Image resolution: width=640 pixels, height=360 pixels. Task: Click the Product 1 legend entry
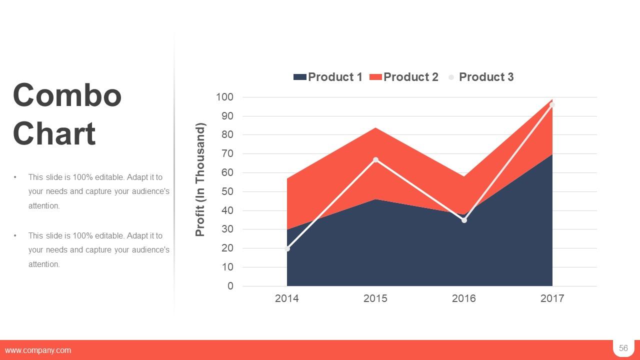[x=328, y=77]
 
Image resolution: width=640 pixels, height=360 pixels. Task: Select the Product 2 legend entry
[x=404, y=77]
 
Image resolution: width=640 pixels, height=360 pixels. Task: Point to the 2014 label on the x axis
[x=287, y=298]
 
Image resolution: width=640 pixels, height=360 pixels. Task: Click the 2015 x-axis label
[x=375, y=298]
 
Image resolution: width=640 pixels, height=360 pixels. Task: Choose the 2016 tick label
[x=464, y=298]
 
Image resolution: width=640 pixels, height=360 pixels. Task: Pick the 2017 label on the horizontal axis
[x=552, y=298]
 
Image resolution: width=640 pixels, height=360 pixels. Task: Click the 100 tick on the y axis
[x=224, y=97]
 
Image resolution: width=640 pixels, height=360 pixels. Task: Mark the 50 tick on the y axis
[x=227, y=191]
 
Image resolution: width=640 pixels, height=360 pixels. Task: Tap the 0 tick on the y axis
[x=230, y=286]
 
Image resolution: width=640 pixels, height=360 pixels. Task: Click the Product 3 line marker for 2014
[x=287, y=248]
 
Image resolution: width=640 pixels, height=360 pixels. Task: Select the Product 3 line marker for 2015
[x=375, y=160]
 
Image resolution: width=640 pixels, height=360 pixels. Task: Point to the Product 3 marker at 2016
[x=464, y=220]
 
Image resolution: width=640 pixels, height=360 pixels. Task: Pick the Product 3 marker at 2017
[x=552, y=105]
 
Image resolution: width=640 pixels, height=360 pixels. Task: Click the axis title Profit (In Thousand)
[x=200, y=179]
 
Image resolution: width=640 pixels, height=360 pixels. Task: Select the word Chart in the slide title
[x=54, y=133]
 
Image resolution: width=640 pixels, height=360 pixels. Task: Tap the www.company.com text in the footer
[x=38, y=350]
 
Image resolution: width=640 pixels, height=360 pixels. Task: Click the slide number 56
[x=623, y=348]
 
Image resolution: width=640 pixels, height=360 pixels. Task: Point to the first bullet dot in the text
[x=15, y=177]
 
